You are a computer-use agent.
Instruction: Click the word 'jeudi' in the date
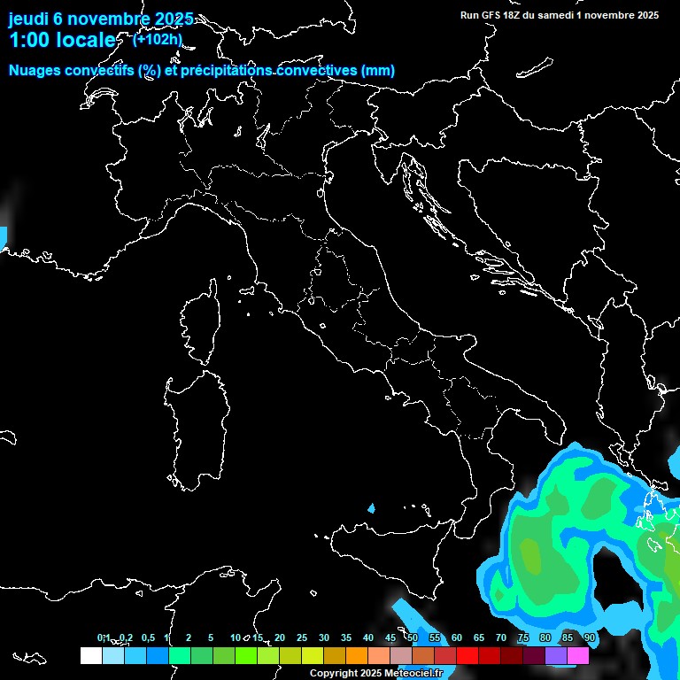coord(28,19)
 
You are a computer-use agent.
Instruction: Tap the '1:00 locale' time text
coord(62,40)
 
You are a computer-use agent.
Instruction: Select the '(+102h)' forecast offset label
coord(157,39)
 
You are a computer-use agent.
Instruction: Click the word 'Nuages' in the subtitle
coord(35,71)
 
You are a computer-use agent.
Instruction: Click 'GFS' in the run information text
coord(493,15)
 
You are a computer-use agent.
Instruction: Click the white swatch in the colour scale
coord(90,656)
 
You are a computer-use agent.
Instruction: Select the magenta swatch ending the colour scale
coord(578,656)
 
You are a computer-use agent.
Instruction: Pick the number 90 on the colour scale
coord(590,638)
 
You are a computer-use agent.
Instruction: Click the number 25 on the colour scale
coord(301,638)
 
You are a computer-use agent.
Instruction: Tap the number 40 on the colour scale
coord(367,638)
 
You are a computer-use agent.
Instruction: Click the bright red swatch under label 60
coord(467,656)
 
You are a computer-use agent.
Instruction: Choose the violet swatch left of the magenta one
coord(556,656)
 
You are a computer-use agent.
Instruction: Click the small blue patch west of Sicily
coord(371,509)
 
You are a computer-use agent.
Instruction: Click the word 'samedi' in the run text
coord(555,15)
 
